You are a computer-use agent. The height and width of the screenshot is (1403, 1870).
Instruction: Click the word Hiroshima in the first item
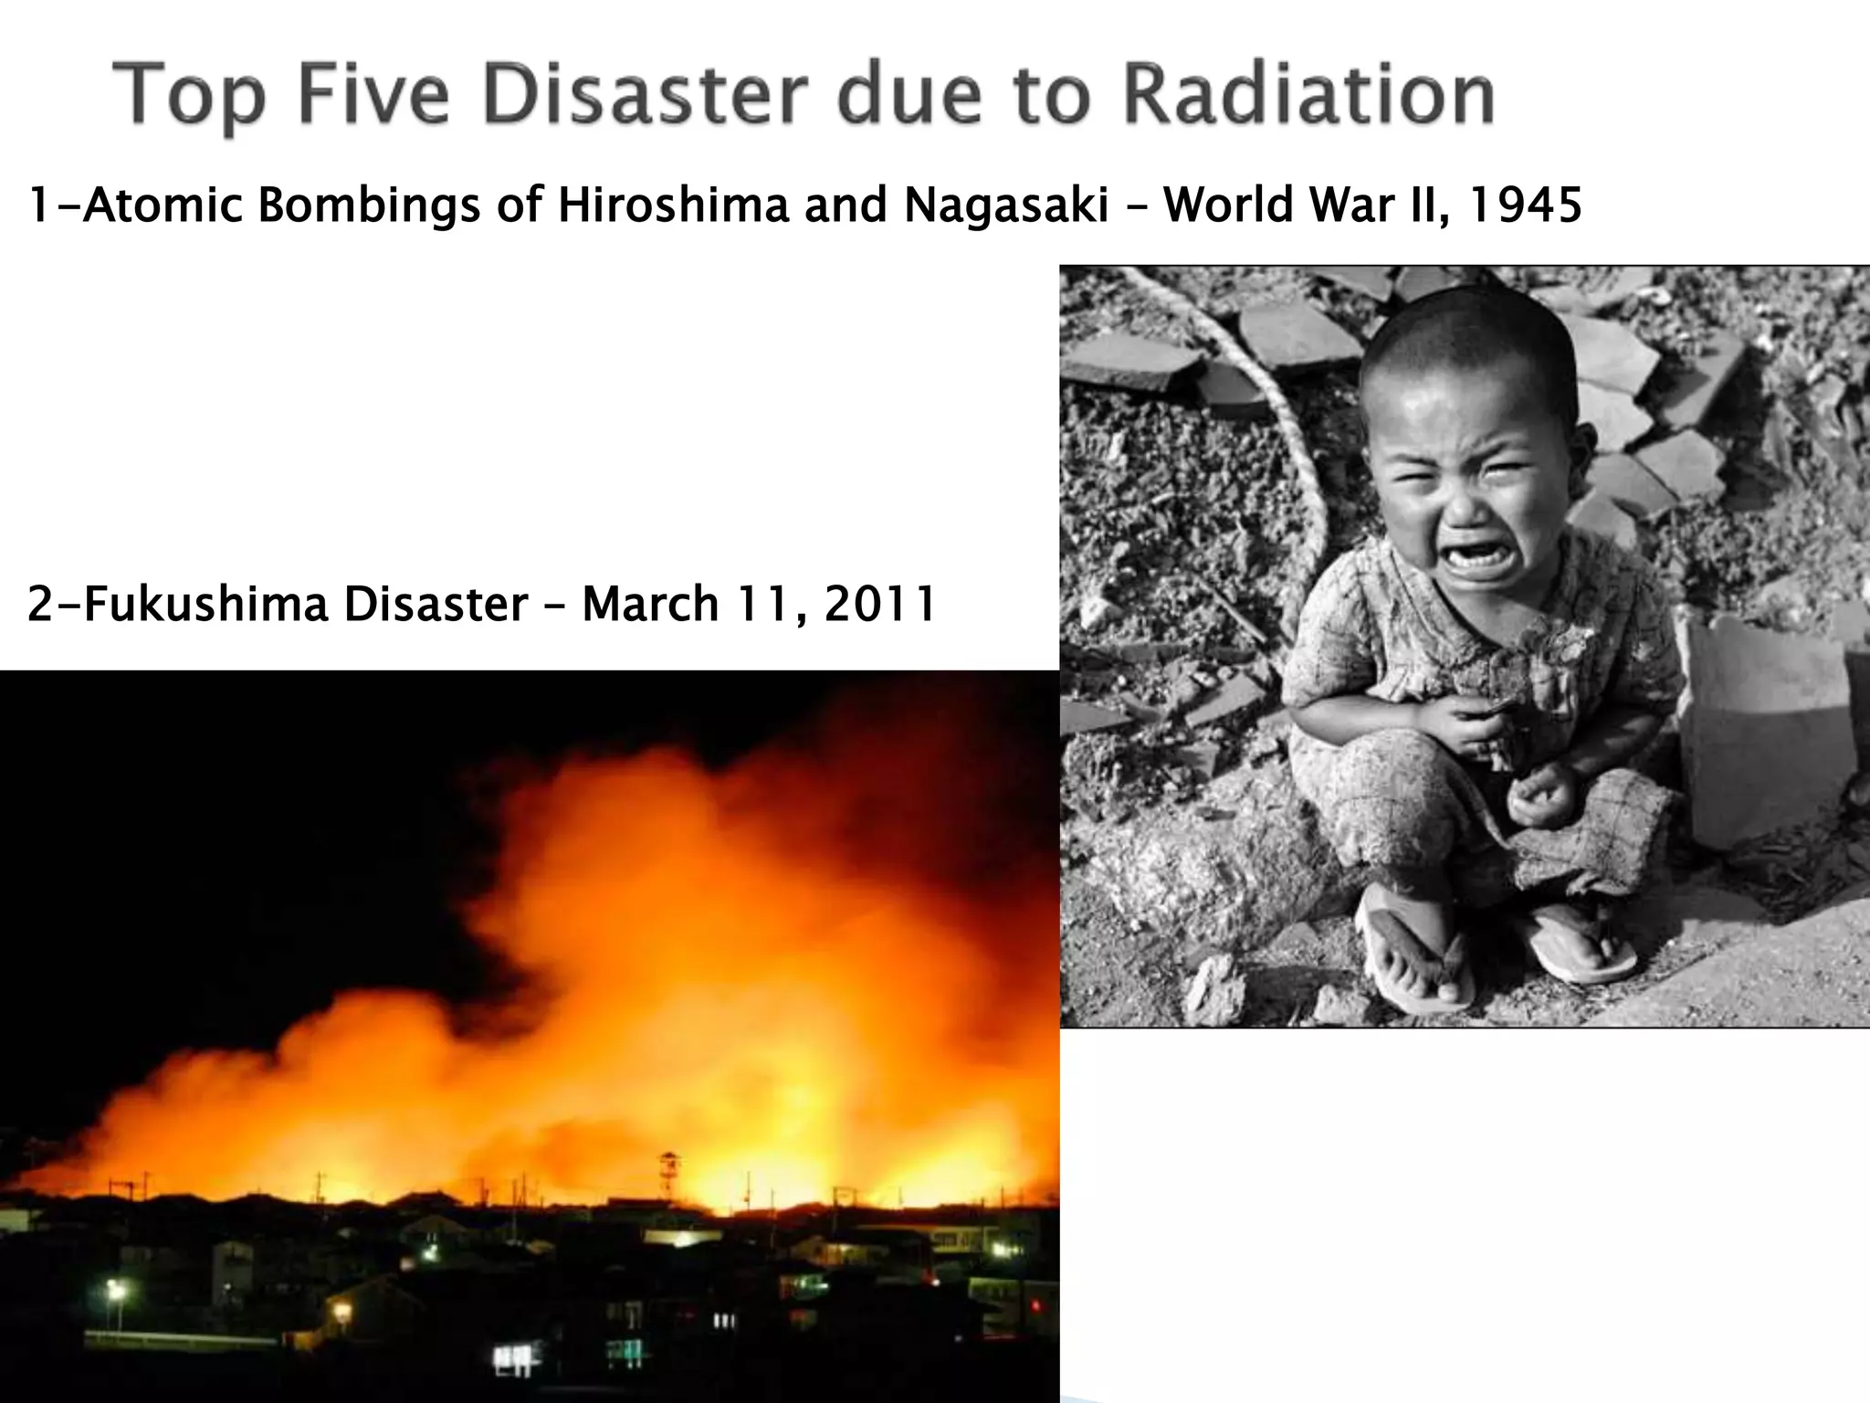coord(673,206)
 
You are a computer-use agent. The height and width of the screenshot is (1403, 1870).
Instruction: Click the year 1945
coord(1524,206)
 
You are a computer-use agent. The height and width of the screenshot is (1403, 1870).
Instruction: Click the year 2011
coord(879,604)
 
